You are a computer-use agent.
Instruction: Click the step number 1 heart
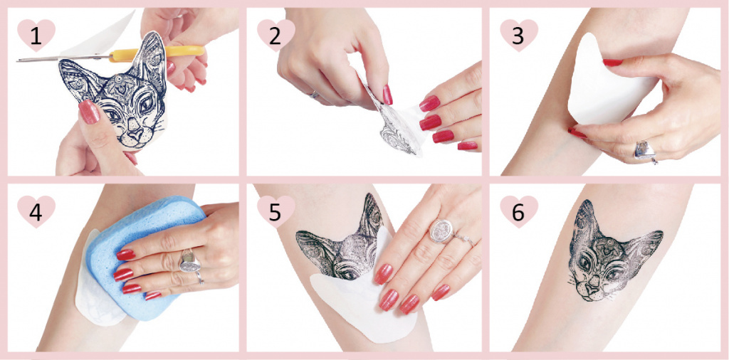click(x=36, y=34)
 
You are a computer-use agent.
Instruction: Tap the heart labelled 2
click(x=276, y=34)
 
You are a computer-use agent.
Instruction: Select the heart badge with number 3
click(x=519, y=34)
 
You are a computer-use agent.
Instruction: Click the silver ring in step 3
click(x=645, y=151)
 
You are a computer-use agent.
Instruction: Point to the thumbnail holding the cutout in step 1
click(x=89, y=112)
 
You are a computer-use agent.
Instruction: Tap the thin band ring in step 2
click(x=314, y=95)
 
